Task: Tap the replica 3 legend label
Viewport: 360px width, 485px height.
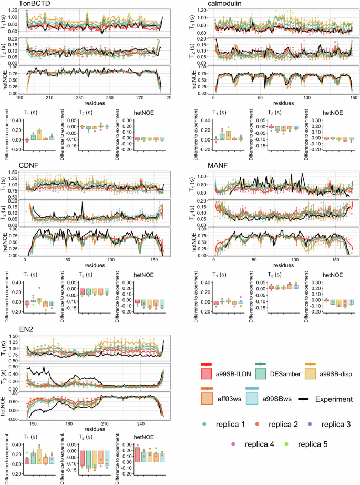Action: [333, 423]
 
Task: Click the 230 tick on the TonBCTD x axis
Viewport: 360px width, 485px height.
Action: [79, 98]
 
